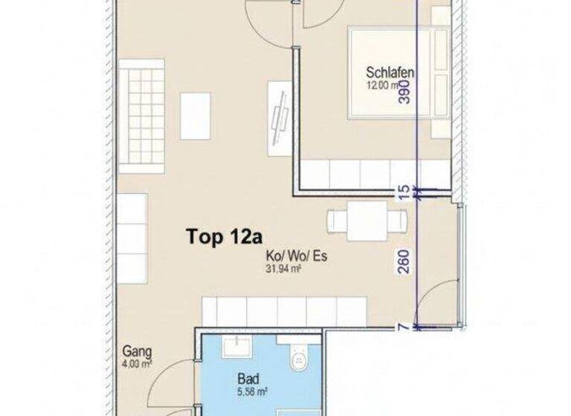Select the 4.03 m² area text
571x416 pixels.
135,363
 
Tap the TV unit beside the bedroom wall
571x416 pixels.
280,119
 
